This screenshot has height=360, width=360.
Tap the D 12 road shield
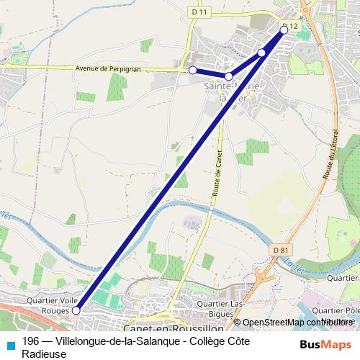[x=290, y=26]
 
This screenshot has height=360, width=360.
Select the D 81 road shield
[x=283, y=250]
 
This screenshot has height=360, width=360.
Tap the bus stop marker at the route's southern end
[x=76, y=310]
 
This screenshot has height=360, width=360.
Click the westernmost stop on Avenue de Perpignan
[x=192, y=70]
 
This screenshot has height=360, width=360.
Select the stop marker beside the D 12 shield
[x=284, y=30]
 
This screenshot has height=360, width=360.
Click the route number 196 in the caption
[x=31, y=341]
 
